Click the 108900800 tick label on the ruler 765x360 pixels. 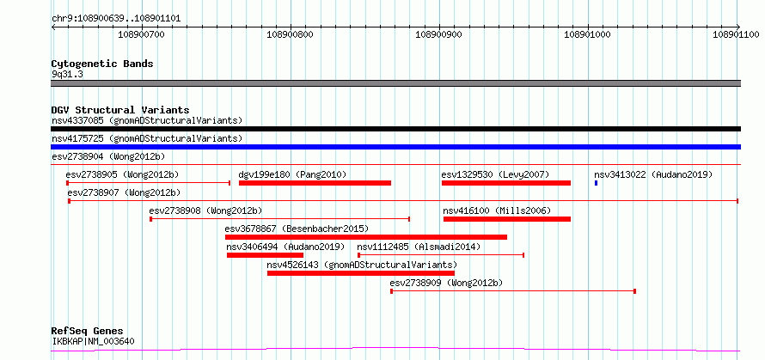point(291,35)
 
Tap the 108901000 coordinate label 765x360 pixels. point(587,35)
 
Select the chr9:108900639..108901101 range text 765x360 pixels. point(116,19)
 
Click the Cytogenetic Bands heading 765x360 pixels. point(102,64)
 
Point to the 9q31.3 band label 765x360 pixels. point(67,74)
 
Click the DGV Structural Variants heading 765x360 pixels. point(120,110)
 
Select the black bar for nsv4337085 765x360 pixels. point(395,129)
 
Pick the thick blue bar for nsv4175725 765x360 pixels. point(395,147)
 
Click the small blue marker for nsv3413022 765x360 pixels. point(596,183)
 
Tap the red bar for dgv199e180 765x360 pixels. point(315,183)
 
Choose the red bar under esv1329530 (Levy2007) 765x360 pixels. point(506,183)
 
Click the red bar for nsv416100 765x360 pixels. point(507,219)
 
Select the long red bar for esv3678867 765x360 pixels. point(366,237)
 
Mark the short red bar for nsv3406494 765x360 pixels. point(265,255)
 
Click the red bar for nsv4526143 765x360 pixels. point(360,273)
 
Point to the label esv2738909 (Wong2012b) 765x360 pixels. point(446,283)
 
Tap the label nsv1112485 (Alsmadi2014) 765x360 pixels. point(419,247)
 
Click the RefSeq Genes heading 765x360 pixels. point(88,332)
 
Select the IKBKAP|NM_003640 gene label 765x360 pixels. point(93,341)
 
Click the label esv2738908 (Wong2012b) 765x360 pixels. point(205,211)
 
